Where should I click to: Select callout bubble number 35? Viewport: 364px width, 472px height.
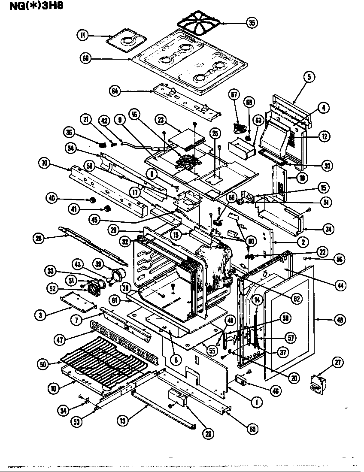click(x=252, y=23)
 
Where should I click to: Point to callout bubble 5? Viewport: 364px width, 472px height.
click(x=309, y=77)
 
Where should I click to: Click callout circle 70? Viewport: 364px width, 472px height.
click(x=44, y=163)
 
